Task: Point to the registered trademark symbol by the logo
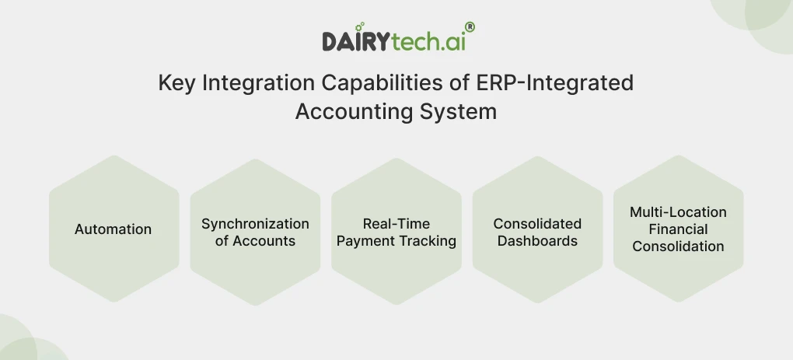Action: [470, 27]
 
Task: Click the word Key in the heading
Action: [176, 83]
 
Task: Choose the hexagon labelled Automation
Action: [114, 229]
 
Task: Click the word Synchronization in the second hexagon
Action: [255, 224]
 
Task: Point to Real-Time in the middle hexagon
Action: [396, 224]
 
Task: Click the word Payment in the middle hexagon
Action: [365, 241]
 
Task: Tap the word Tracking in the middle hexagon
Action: [428, 241]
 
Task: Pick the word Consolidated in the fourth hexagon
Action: [537, 224]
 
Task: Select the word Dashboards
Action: [537, 241]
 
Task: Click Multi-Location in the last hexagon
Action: [678, 212]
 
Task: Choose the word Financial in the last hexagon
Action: [678, 229]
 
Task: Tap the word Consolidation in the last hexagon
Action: [678, 246]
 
